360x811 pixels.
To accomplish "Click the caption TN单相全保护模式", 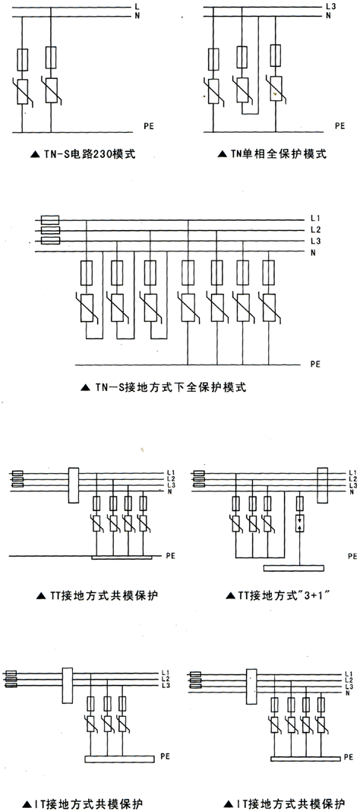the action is pos(272,153).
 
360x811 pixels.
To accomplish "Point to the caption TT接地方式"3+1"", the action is pos(286,595).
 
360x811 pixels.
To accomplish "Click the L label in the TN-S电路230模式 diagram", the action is pos(136,7).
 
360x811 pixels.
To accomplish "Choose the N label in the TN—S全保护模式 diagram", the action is pos(313,252).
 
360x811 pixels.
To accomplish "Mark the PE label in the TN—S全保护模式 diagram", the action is pos(315,364).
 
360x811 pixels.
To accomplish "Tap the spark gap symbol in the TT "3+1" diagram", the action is pos(300,523).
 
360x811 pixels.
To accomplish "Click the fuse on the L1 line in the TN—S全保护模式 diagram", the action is pos(50,219).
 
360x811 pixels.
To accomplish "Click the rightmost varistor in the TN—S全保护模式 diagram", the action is pos(268,307).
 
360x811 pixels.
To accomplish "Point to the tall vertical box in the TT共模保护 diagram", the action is pos(73,485).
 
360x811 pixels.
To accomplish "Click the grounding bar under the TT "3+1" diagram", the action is pos(294,568).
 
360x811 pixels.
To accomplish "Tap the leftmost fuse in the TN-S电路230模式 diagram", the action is pos(22,59).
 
